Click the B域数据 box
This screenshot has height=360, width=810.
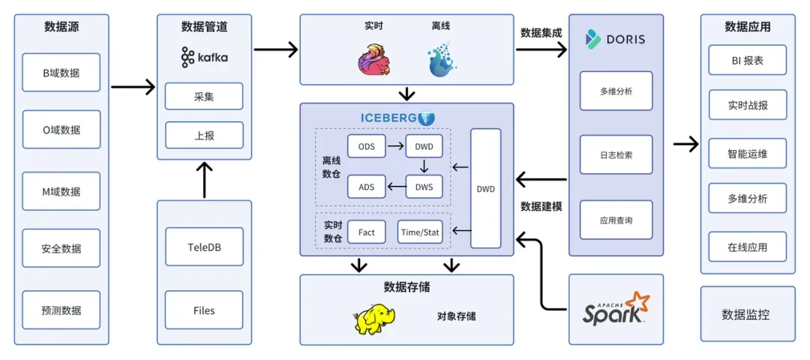(61, 73)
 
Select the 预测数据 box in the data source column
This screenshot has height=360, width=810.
(61, 310)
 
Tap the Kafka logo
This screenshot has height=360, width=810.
(205, 57)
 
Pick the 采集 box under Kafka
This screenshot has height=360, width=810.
(204, 96)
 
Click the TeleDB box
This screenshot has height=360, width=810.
(204, 246)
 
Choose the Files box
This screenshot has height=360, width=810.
(204, 310)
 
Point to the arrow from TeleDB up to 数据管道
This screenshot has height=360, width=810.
(205, 180)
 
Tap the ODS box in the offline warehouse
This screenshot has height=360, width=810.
(366, 146)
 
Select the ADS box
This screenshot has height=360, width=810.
(366, 187)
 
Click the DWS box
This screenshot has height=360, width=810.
(424, 187)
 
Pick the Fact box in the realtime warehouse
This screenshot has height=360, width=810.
(366, 232)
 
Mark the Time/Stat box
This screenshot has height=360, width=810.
(420, 232)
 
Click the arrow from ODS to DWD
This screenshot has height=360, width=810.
(396, 146)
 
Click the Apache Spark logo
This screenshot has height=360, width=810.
(616, 308)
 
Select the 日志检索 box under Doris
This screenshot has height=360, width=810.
(616, 155)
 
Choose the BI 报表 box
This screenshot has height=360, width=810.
(748, 61)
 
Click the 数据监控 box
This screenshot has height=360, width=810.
(748, 314)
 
